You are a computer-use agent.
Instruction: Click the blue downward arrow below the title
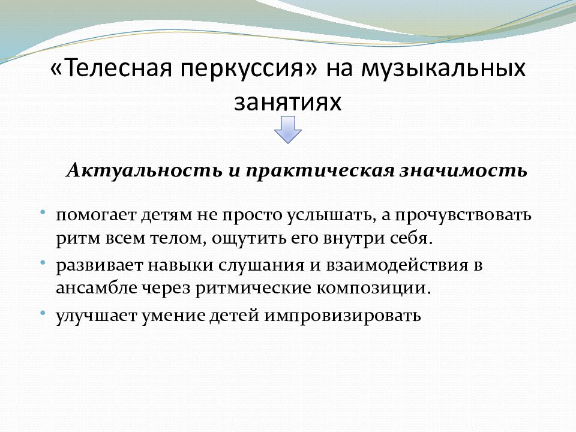click(288, 130)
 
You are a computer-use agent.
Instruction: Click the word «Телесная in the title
click(111, 68)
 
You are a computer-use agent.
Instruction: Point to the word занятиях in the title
click(288, 102)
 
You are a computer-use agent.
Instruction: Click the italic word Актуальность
click(145, 171)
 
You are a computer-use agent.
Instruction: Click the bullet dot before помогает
click(43, 212)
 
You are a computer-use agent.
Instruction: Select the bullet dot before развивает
click(43, 263)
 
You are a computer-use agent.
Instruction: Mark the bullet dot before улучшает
click(43, 313)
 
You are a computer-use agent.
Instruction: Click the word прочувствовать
click(463, 215)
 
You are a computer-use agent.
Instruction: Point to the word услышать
click(331, 215)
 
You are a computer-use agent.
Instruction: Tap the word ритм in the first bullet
click(78, 239)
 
